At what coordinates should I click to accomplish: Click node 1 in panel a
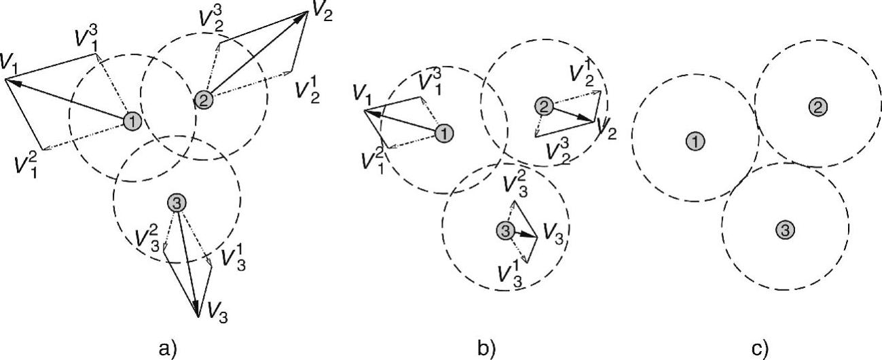pos(132,122)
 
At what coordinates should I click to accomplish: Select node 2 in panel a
pos(203,100)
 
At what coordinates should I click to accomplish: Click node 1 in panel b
pos(443,132)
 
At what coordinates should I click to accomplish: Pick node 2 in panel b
pos(543,106)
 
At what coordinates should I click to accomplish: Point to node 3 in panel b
pos(504,231)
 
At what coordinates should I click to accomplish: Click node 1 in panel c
pos(695,141)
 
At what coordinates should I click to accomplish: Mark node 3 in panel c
pos(785,230)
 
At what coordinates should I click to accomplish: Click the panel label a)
pos(166,348)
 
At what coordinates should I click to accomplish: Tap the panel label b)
pos(487,348)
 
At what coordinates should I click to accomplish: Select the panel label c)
pos(760,348)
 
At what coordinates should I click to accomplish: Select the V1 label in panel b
pos(364,96)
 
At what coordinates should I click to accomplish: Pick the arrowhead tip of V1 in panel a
pos(5,79)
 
